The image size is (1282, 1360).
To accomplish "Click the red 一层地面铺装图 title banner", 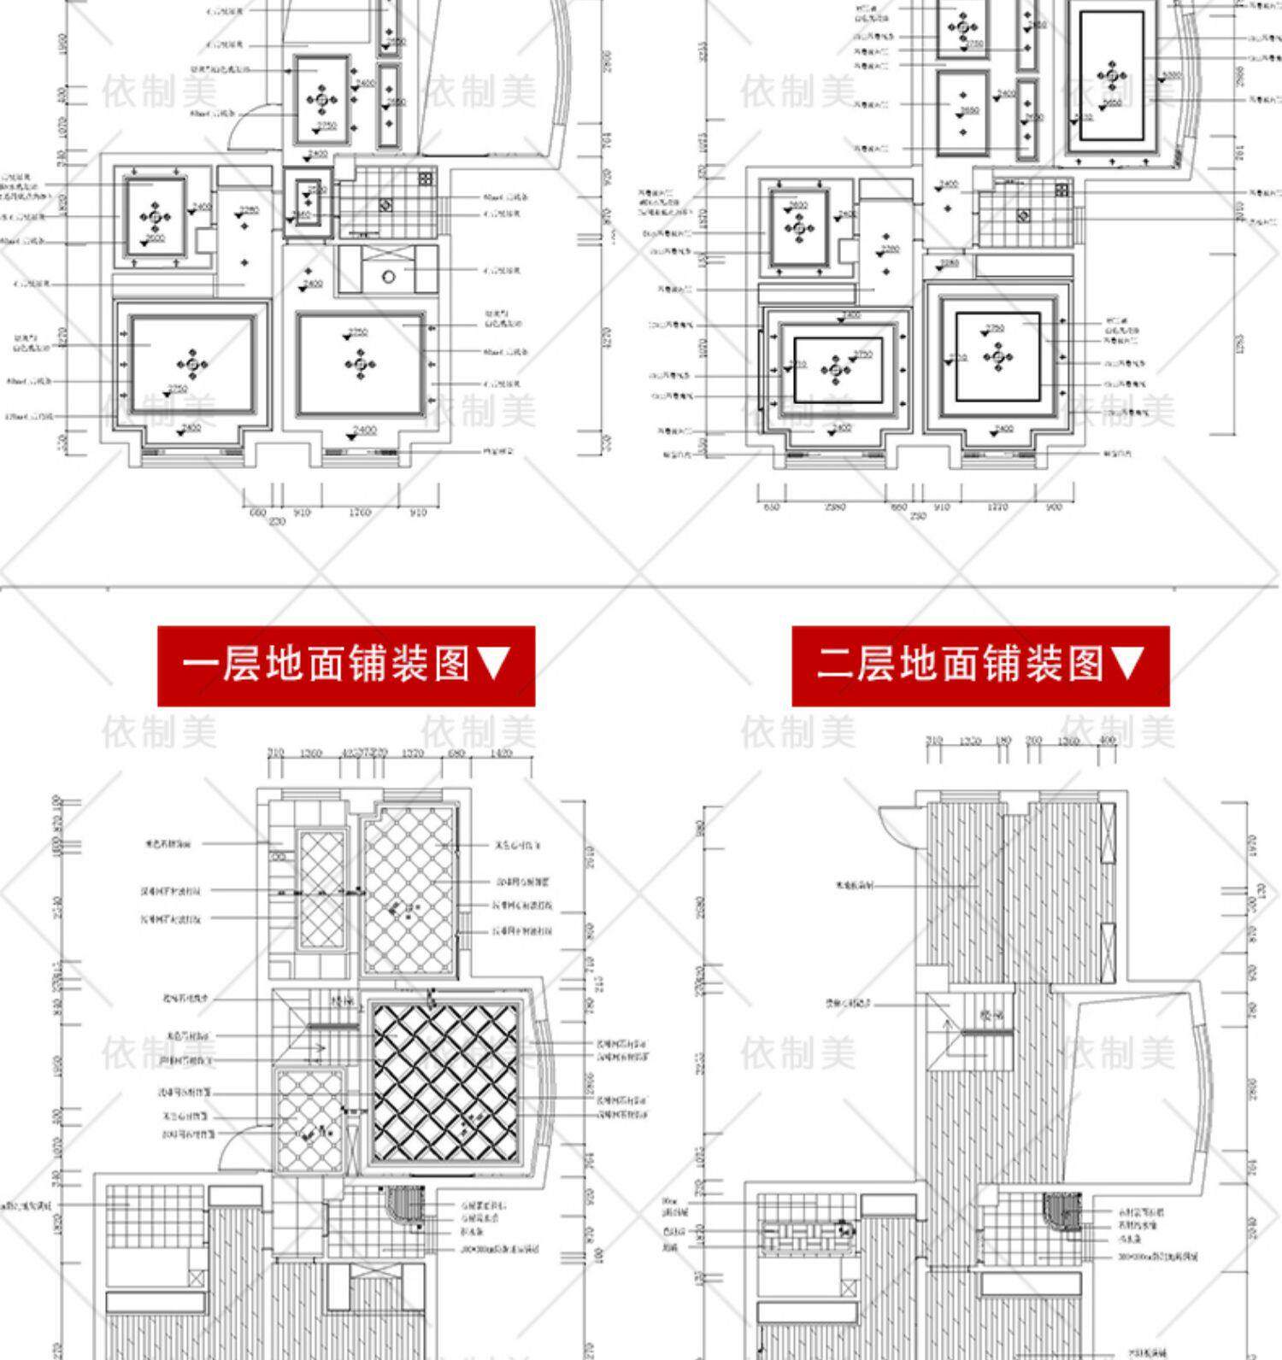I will click(346, 665).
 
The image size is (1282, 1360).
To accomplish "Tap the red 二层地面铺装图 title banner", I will click(980, 665).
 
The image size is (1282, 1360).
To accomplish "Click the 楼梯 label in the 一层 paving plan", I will click(343, 1000).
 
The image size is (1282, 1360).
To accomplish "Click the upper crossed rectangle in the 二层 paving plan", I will click(1108, 833).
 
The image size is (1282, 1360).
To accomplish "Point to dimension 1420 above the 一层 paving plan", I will click(503, 753).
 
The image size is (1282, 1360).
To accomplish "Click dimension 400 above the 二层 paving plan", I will click(1108, 741).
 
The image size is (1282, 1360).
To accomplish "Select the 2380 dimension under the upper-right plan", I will click(835, 507).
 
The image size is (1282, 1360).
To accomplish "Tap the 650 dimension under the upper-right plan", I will click(771, 507).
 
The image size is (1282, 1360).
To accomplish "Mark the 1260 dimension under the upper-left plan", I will click(360, 513).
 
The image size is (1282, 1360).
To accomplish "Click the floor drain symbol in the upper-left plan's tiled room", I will click(386, 205).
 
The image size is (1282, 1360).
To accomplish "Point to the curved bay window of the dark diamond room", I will click(537, 1082).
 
